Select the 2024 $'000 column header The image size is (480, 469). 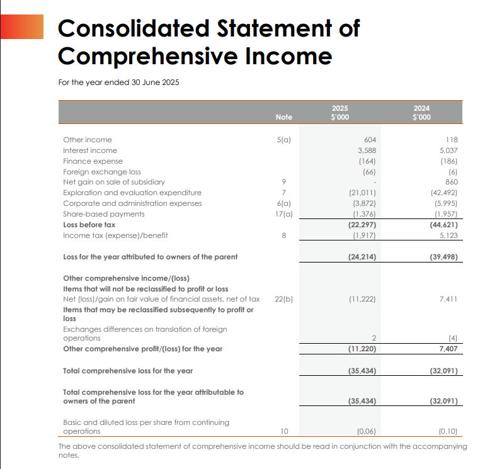[421, 113]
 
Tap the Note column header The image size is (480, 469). [284, 117]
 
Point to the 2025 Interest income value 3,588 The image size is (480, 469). [367, 150]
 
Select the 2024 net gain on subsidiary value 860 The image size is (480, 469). [450, 182]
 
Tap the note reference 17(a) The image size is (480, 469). [284, 214]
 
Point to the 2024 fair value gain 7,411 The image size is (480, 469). [448, 299]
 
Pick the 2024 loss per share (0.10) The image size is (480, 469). [447, 432]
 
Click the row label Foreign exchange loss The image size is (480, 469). [102, 172]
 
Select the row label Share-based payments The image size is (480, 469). [104, 214]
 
